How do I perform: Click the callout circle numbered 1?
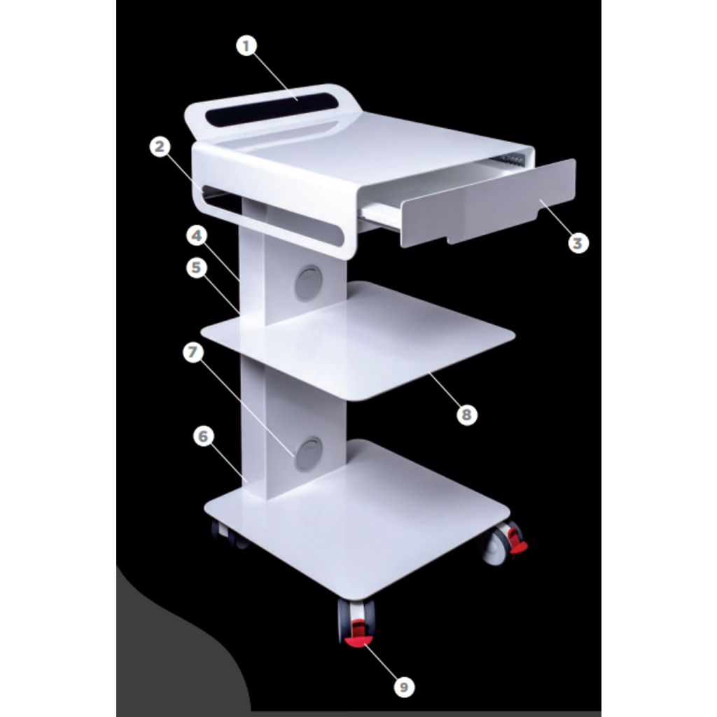point(246,46)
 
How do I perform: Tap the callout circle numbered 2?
point(160,147)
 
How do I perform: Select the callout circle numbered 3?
point(578,243)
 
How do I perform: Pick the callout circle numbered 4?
point(197,235)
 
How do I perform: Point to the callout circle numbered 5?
point(197,267)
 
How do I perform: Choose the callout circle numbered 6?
point(204,436)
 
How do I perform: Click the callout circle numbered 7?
point(193,352)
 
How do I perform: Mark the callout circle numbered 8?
point(466,415)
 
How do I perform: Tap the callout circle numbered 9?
point(404,686)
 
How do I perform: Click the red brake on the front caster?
point(358,636)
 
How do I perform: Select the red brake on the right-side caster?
point(517,542)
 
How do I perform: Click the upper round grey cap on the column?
point(308,283)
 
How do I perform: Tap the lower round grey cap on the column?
point(309,454)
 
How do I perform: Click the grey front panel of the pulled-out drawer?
point(488,202)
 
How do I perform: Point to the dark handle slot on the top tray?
point(268,109)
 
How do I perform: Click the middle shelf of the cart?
point(358,341)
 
